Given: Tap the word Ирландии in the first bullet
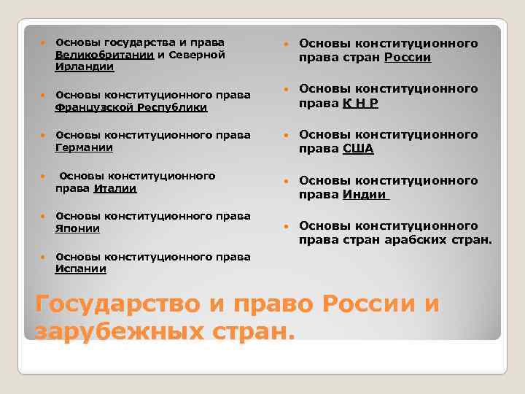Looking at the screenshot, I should [x=84, y=66].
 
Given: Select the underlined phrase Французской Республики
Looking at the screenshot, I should [x=131, y=107].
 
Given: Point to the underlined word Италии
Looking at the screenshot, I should [x=115, y=188].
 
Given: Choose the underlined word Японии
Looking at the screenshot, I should [x=78, y=228].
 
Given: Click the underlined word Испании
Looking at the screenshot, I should [x=81, y=269].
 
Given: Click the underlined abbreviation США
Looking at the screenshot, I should [x=358, y=149].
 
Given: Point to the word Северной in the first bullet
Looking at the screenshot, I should [x=196, y=55].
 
